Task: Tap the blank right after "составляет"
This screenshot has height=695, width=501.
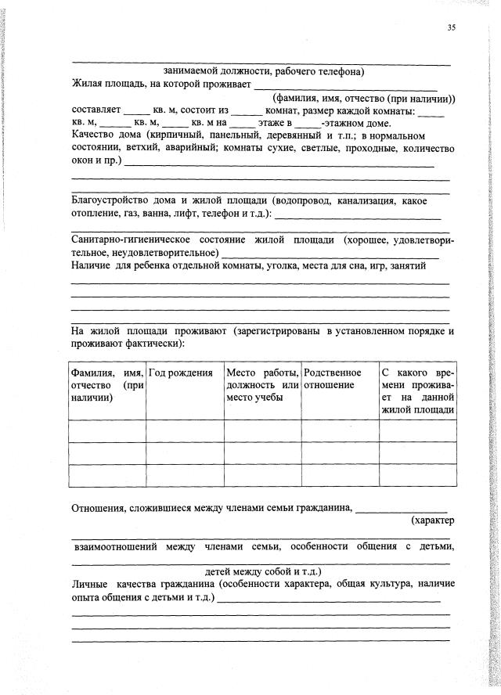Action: (137, 110)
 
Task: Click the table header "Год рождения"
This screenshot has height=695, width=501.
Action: (181, 373)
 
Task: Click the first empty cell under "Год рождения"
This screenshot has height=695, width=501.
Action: (185, 431)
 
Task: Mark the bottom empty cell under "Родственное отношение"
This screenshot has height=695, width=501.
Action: (340, 476)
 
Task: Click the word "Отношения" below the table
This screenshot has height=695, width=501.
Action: (98, 507)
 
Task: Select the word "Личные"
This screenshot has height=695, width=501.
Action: (88, 584)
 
